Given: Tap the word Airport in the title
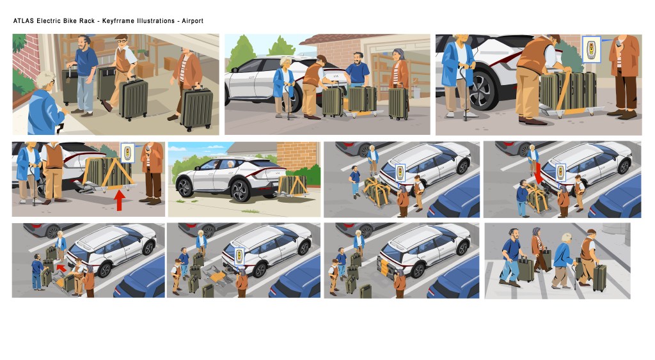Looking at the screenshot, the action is click(x=193, y=21).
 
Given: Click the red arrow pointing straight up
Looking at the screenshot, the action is click(x=120, y=200).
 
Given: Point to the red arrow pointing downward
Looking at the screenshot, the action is click(x=539, y=173).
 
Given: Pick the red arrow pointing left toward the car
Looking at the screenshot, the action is click(x=61, y=267).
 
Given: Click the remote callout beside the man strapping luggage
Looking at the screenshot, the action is click(x=591, y=49).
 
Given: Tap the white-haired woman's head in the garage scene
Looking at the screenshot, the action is click(x=45, y=81).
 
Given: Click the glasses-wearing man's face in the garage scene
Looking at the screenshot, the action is click(x=122, y=43).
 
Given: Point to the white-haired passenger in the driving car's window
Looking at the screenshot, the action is click(x=230, y=164).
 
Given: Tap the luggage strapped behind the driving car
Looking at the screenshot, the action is click(x=292, y=185).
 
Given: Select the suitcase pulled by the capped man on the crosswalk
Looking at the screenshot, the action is click(x=599, y=277).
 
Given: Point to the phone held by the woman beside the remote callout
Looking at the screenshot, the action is click(x=619, y=43).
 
